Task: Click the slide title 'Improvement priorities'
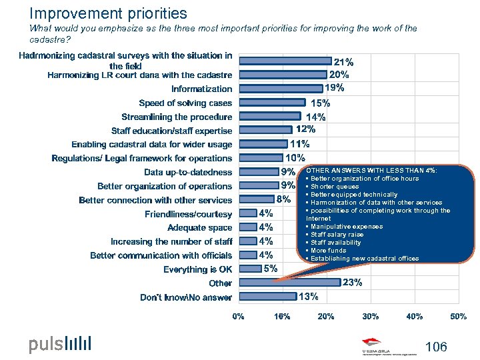[x=109, y=13]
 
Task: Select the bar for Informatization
[x=279, y=89]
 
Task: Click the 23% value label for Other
[x=352, y=283]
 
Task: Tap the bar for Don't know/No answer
[x=267, y=297]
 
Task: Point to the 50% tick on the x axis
[x=459, y=316]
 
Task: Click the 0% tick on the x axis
[x=238, y=316]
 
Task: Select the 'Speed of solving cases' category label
[x=185, y=103]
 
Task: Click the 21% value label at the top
[x=343, y=62]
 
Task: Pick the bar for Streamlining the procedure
[x=269, y=117]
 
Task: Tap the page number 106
[x=435, y=347]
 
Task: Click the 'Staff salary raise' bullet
[x=337, y=235]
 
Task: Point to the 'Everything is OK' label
[x=197, y=269]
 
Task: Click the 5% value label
[x=270, y=269]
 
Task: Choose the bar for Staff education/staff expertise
[x=265, y=131]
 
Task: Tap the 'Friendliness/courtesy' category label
[x=188, y=214]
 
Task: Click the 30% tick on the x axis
[x=370, y=316]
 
